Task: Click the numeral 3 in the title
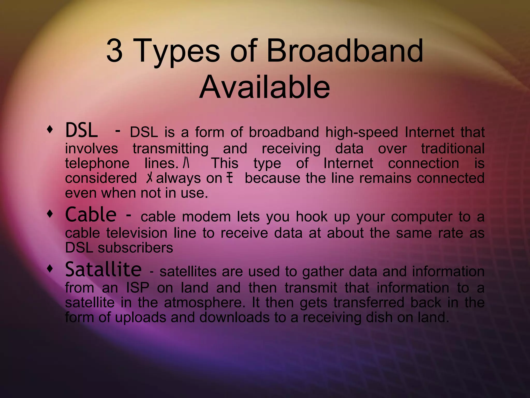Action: click(114, 51)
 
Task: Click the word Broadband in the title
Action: click(345, 51)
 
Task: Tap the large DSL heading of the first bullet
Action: click(82, 131)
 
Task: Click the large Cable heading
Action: click(91, 215)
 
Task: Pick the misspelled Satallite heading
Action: click(103, 270)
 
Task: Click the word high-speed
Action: click(362, 133)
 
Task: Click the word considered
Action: click(101, 179)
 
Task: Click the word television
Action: click(137, 233)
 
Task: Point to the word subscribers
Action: click(135, 248)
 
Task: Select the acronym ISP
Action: click(138, 288)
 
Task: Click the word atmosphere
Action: click(204, 303)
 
